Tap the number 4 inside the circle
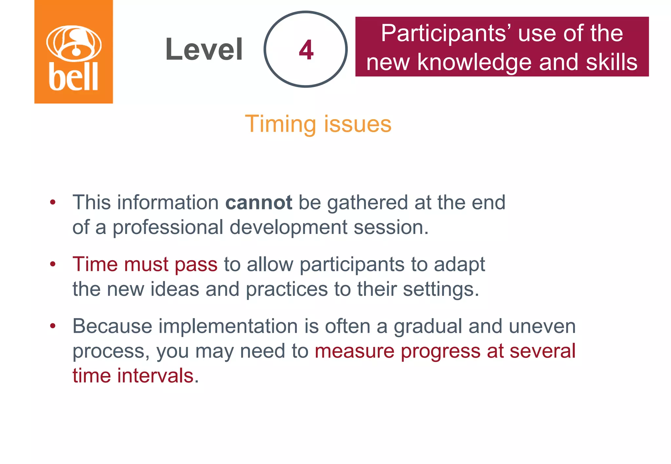pyautogui.click(x=306, y=50)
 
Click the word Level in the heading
pyautogui.click(x=204, y=49)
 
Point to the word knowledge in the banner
pyautogui.click(x=475, y=62)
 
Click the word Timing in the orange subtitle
pyautogui.click(x=281, y=124)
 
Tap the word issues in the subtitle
pyautogui.click(x=358, y=124)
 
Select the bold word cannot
pyautogui.click(x=259, y=203)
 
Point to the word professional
pyautogui.click(x=168, y=227)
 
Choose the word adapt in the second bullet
pyautogui.click(x=459, y=264)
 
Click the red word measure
pyautogui.click(x=355, y=351)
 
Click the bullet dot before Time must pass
pyautogui.click(x=53, y=264)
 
